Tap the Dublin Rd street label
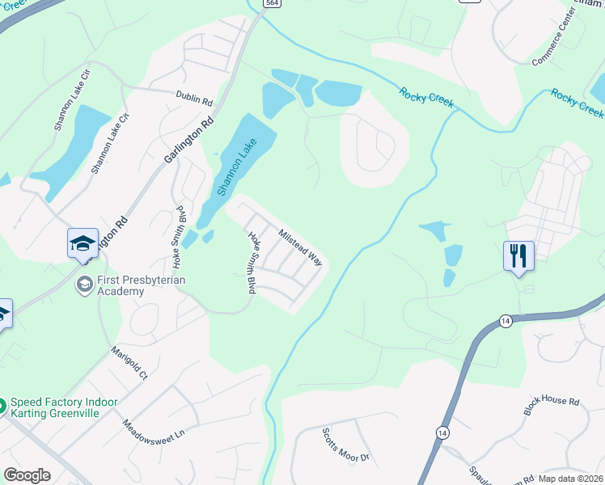point(193,98)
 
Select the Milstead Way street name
point(300,248)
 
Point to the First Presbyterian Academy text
point(142,285)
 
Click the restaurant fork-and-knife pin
point(518,256)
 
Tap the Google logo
point(27,475)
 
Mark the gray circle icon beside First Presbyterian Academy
point(82,285)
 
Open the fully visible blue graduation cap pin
point(82,243)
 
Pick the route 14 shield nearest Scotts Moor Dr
point(442,432)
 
